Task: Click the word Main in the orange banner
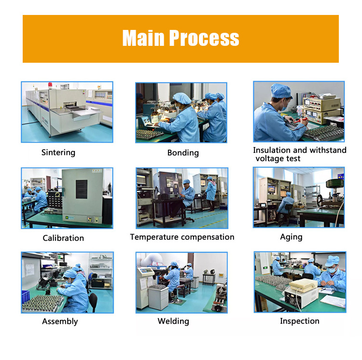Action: [143, 38]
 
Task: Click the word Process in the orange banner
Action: [204, 38]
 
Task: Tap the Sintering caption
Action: [58, 153]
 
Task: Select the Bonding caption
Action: [183, 153]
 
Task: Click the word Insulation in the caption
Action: [271, 150]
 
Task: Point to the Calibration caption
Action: [63, 238]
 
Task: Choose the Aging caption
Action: [291, 237]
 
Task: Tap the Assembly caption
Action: [60, 321]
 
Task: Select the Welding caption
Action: [173, 321]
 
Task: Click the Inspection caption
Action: [300, 321]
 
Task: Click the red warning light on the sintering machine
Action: [50, 85]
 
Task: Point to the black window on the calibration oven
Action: [82, 189]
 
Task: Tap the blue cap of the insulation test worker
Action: [281, 91]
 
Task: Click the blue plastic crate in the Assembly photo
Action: [26, 296]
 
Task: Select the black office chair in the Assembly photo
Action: [93, 302]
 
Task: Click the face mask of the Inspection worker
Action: [331, 270]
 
